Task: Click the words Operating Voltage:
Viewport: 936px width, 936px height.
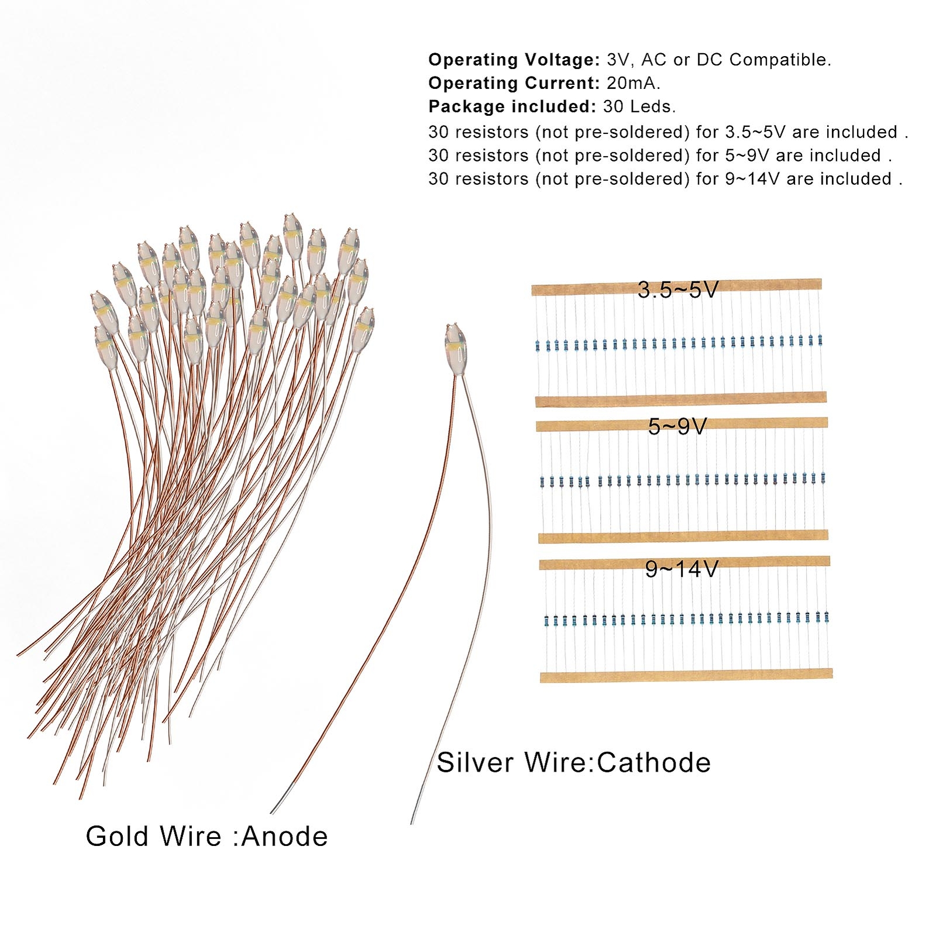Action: pyautogui.click(x=514, y=60)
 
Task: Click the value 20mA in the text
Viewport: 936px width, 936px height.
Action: pyautogui.click(x=632, y=83)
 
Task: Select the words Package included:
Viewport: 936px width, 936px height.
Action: pyautogui.click(x=512, y=106)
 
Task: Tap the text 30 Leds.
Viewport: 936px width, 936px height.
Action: pyautogui.click(x=639, y=106)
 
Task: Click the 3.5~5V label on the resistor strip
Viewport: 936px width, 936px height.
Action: pyautogui.click(x=677, y=290)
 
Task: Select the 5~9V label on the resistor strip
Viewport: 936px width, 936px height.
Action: pyautogui.click(x=677, y=426)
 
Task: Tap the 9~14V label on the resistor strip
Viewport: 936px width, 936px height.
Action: pyautogui.click(x=681, y=569)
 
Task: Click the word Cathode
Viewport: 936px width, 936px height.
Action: pyautogui.click(x=653, y=763)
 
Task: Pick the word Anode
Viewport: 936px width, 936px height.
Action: pyautogui.click(x=284, y=837)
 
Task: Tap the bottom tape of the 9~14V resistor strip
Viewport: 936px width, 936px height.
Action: pyautogui.click(x=686, y=676)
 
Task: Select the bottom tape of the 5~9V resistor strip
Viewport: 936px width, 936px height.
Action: pyautogui.click(x=683, y=536)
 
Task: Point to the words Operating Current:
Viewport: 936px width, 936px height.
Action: pyautogui.click(x=514, y=83)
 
